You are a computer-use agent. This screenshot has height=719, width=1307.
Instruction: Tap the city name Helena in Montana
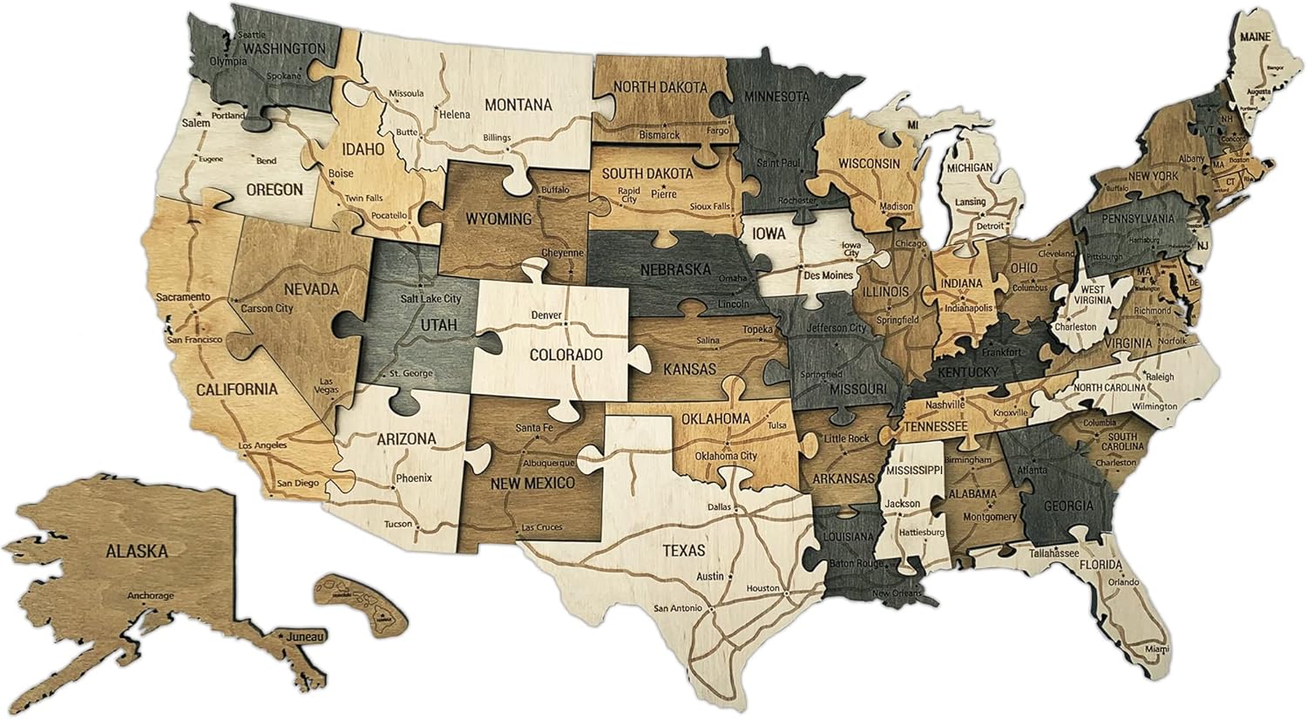point(454,114)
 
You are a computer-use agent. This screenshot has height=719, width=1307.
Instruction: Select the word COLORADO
point(566,355)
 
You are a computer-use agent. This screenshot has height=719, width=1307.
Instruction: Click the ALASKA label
point(136,550)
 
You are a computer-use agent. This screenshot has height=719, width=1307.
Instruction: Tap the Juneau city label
point(308,636)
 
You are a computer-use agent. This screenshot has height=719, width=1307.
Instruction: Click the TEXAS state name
point(684,550)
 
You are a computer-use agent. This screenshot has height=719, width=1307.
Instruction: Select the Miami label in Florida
point(1157,649)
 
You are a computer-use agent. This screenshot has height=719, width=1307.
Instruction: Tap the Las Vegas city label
point(329,386)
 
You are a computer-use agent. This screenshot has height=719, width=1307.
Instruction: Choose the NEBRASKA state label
point(676,269)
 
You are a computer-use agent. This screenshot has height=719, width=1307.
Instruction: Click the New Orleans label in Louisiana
point(896,594)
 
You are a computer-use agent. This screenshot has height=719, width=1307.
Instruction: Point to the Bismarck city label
point(659,136)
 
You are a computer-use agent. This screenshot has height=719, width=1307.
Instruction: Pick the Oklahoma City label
point(726,456)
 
